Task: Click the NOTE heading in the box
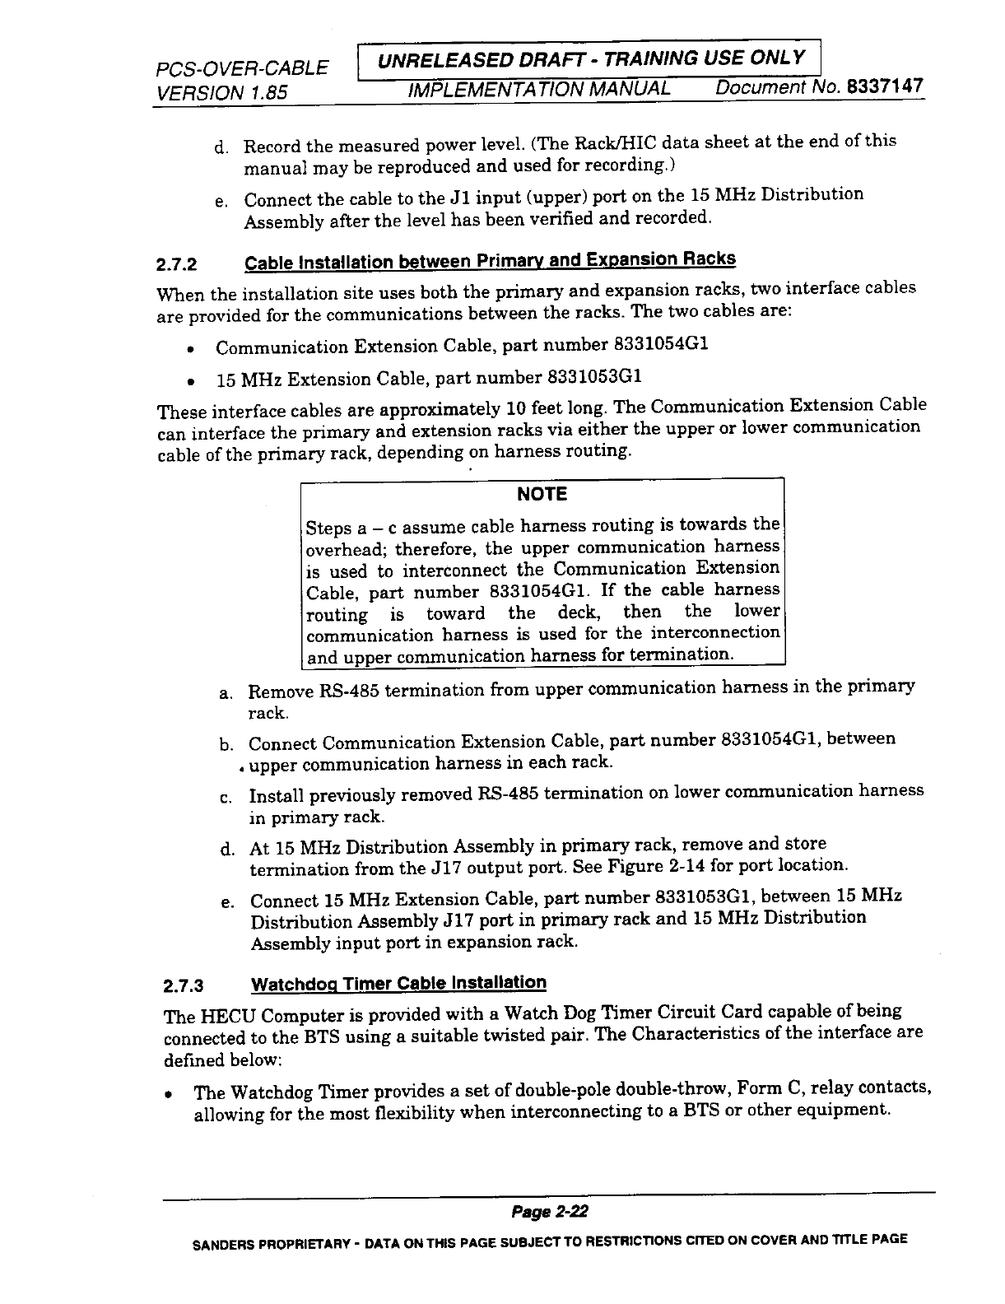point(542,494)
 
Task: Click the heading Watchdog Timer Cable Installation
point(398,983)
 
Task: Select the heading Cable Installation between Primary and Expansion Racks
point(490,261)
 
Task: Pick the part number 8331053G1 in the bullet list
point(594,377)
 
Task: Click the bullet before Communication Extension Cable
point(190,349)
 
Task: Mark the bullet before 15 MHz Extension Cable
point(190,382)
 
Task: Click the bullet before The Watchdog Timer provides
point(168,1095)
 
